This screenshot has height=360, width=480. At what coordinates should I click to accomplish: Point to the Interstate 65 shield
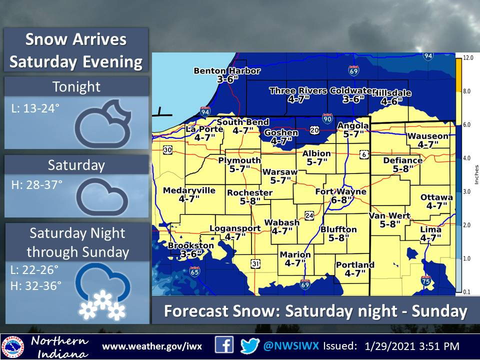(x=194, y=271)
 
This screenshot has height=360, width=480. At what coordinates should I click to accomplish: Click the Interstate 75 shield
(x=425, y=282)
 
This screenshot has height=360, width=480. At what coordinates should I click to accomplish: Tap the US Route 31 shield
(x=255, y=263)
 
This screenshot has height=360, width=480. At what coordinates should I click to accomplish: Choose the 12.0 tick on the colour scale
(x=468, y=58)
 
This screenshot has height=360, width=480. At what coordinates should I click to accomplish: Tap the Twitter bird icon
(x=249, y=346)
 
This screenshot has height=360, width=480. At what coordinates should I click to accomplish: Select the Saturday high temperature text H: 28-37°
(x=37, y=184)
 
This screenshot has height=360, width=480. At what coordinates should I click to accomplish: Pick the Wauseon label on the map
(x=427, y=136)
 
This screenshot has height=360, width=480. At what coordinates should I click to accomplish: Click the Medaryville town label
(x=189, y=190)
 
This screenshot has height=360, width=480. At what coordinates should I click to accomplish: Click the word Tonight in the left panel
(x=76, y=87)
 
